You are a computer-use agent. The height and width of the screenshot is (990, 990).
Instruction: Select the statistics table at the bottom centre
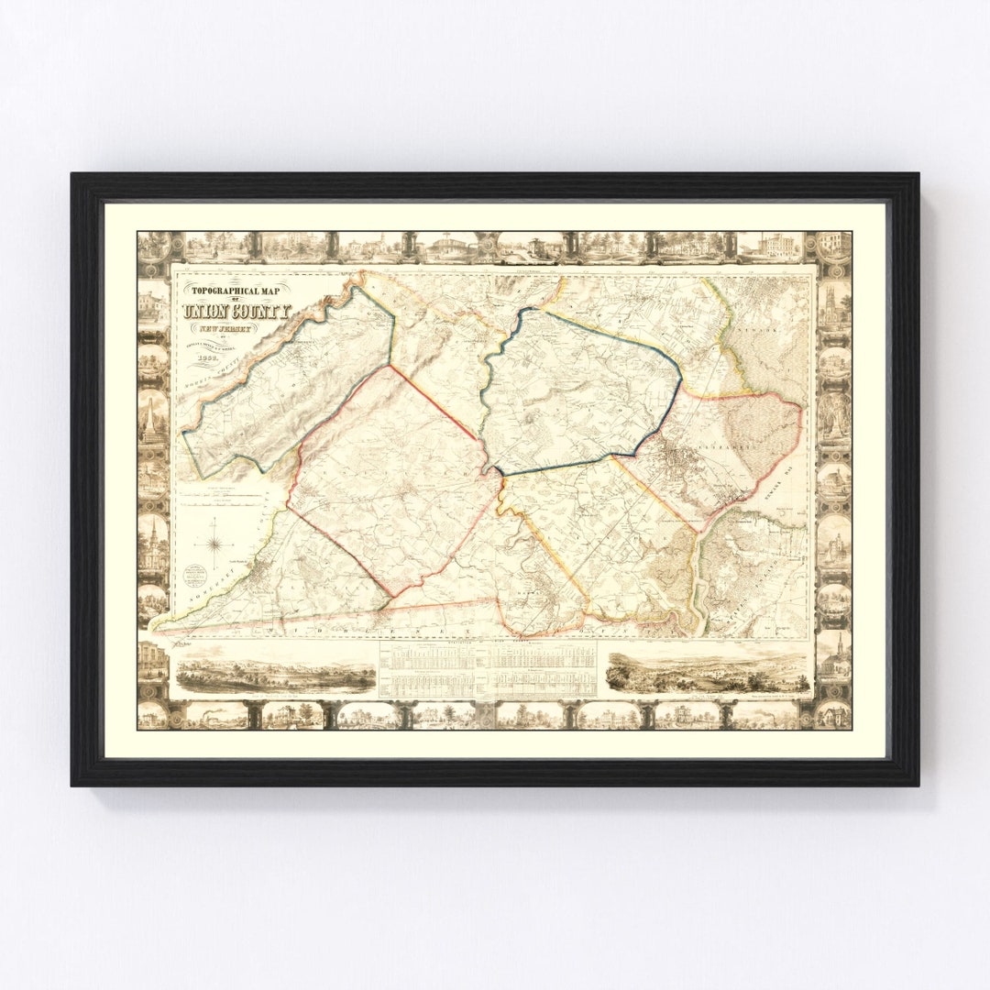(488, 668)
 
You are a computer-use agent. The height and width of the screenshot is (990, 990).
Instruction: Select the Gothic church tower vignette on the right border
(833, 302)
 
